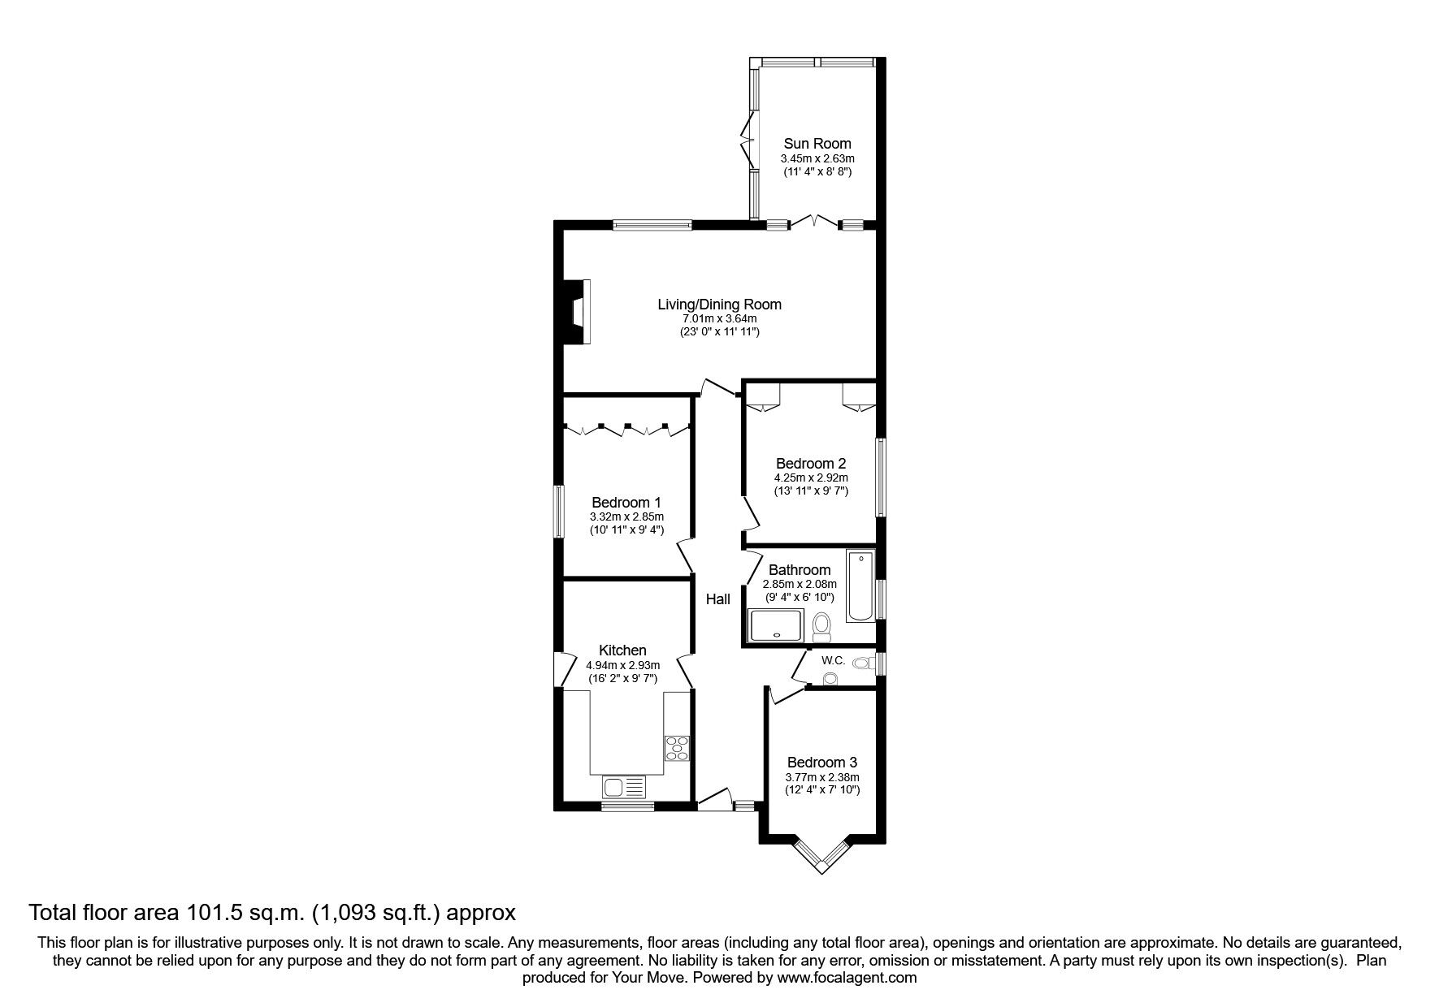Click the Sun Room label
[x=817, y=144]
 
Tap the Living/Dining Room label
[x=719, y=305]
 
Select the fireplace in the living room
[x=578, y=313]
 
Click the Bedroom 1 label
[x=626, y=503]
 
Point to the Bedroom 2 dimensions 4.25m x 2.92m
[x=811, y=478]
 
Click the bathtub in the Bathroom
[x=861, y=586]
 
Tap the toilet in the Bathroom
[x=821, y=627]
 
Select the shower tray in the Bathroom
[x=776, y=626]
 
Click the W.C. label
[x=834, y=660]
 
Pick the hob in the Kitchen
[x=677, y=748]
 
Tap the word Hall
[x=717, y=600]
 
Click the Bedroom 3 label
[x=821, y=763]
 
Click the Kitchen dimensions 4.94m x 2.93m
[x=623, y=665]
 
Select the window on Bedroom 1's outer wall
[x=559, y=511]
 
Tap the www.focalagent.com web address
[x=847, y=979]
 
